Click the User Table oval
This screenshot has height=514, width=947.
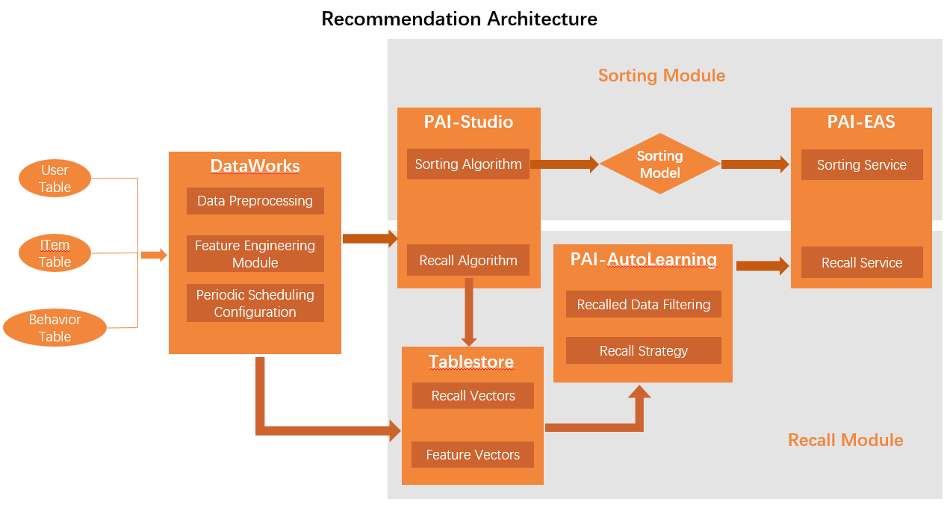tap(55, 179)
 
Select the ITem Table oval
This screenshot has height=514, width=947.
tap(55, 253)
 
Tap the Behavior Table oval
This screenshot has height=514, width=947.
tap(55, 328)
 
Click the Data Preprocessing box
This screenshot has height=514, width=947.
tap(255, 201)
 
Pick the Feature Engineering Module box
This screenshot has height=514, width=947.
tap(255, 254)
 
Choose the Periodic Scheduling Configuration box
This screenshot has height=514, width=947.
tap(255, 303)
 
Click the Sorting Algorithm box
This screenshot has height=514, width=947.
tap(468, 164)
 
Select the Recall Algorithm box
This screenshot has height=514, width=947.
tap(468, 261)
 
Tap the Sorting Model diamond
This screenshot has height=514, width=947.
tap(659, 164)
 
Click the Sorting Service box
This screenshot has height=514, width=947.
tap(861, 165)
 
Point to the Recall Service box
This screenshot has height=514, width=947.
tap(861, 263)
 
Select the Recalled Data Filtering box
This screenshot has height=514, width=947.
tap(643, 305)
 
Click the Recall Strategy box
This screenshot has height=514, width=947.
tap(643, 351)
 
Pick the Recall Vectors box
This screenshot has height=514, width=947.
tap(473, 396)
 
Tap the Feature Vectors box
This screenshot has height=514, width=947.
tap(473, 454)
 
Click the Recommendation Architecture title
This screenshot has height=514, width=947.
tap(459, 19)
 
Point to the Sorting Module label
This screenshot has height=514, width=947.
tap(661, 75)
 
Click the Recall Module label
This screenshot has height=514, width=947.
tap(845, 440)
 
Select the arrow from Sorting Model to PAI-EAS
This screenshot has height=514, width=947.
tap(754, 164)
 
